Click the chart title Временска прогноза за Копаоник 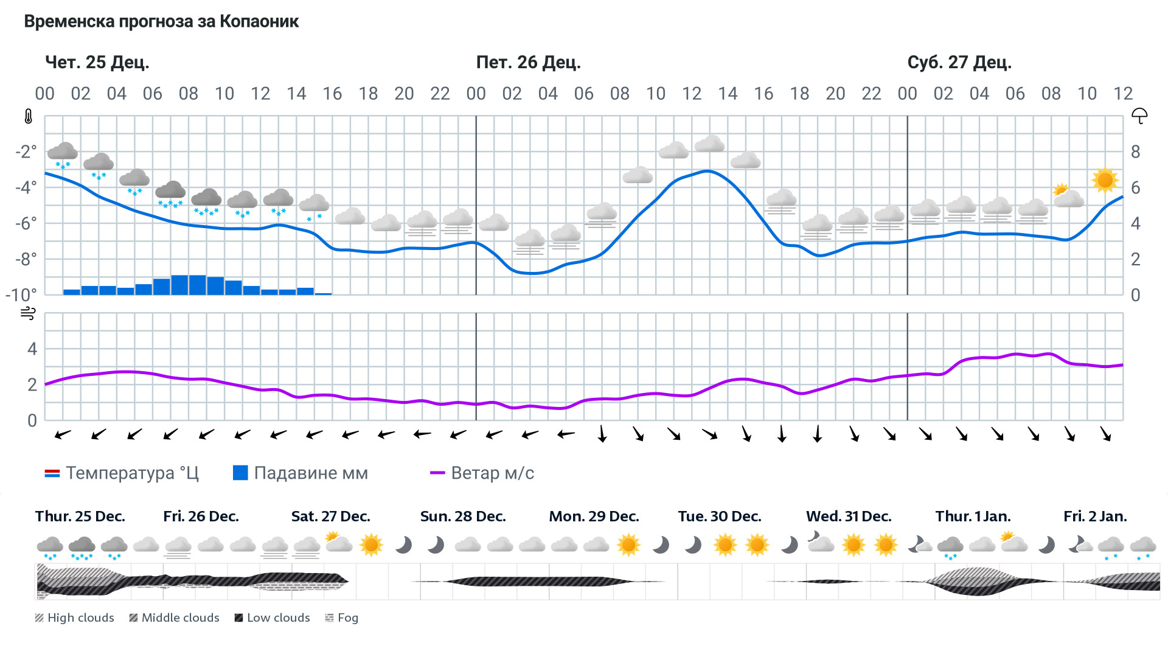tap(161, 22)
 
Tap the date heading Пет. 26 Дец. tap(528, 63)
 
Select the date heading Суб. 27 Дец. tap(959, 63)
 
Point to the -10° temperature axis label tap(21, 295)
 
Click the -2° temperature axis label tap(26, 151)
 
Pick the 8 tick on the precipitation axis tap(1135, 152)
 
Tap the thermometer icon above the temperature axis tap(29, 117)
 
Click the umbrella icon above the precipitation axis tap(1139, 116)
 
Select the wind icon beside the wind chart tap(28, 314)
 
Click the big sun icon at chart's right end tap(1105, 181)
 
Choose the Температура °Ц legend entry tap(122, 473)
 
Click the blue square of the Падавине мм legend tap(240, 473)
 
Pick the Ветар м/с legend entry tap(482, 473)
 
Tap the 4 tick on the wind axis tap(32, 349)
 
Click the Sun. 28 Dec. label tap(463, 516)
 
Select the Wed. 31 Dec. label tap(849, 516)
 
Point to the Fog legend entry tap(342, 618)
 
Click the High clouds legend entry tap(75, 618)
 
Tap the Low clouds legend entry tap(273, 618)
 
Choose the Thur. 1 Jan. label tap(973, 516)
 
